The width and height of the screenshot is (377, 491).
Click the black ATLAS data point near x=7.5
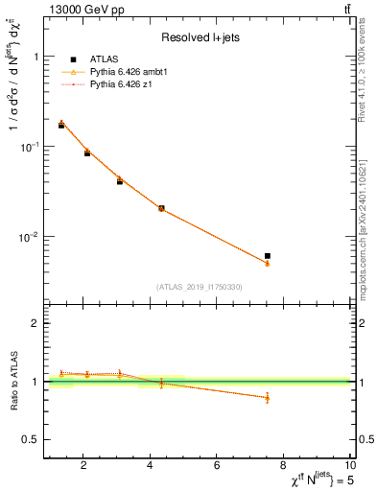(x=268, y=256)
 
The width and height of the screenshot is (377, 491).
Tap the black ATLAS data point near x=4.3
(x=161, y=208)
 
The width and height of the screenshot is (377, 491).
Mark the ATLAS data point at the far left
(x=61, y=126)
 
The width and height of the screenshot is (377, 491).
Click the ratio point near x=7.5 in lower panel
(x=268, y=397)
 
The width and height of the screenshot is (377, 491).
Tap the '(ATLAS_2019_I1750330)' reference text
(x=200, y=287)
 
